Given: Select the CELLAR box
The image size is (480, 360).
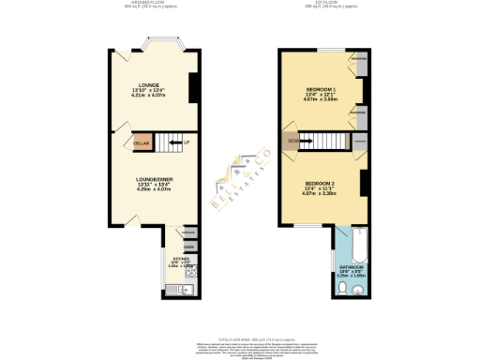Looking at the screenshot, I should click(142, 142).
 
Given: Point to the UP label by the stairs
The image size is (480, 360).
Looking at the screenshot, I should click(187, 142).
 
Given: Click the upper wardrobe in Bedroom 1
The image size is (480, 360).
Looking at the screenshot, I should click(358, 67).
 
